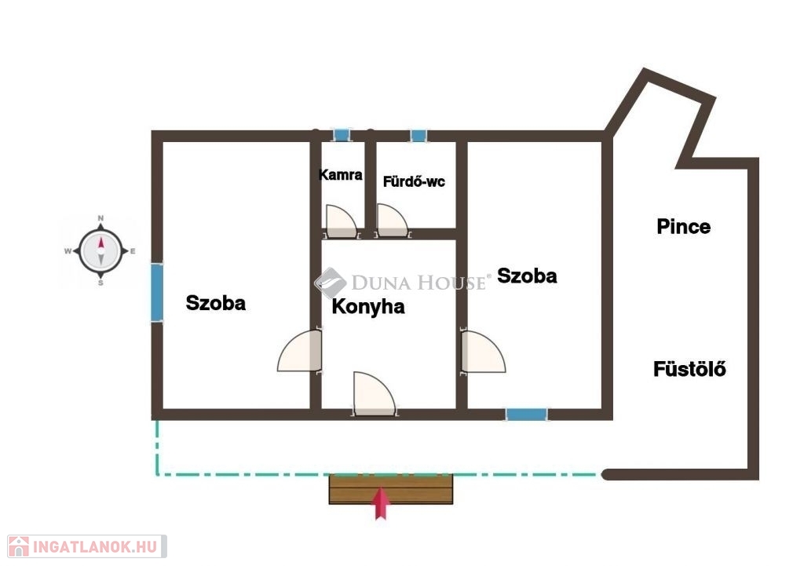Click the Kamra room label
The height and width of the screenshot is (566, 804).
point(341,175)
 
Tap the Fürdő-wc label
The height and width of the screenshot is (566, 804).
point(414,181)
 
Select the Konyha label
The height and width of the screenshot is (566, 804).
point(368,307)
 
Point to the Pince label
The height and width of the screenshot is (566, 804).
point(684,227)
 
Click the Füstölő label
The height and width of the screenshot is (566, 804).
point(689,369)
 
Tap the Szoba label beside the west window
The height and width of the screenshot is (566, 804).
point(215,303)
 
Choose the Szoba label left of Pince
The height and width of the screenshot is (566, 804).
point(527,276)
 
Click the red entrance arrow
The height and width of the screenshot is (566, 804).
point(381,503)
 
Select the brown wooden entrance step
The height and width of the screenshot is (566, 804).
point(391,490)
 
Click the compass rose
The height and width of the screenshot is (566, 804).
point(100,251)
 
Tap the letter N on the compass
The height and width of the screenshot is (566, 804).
point(100,218)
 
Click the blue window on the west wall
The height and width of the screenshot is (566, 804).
point(157,292)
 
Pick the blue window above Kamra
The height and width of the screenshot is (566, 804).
point(341,135)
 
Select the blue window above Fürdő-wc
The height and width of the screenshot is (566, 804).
point(418,136)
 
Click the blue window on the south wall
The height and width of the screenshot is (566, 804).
point(527,414)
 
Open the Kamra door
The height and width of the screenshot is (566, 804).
point(341,221)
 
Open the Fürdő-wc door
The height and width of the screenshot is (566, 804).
point(393,221)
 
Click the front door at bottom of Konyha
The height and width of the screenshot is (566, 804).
point(375,394)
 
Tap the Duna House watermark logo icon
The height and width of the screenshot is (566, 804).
point(331,283)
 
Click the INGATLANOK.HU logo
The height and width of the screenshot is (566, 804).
point(87,546)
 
